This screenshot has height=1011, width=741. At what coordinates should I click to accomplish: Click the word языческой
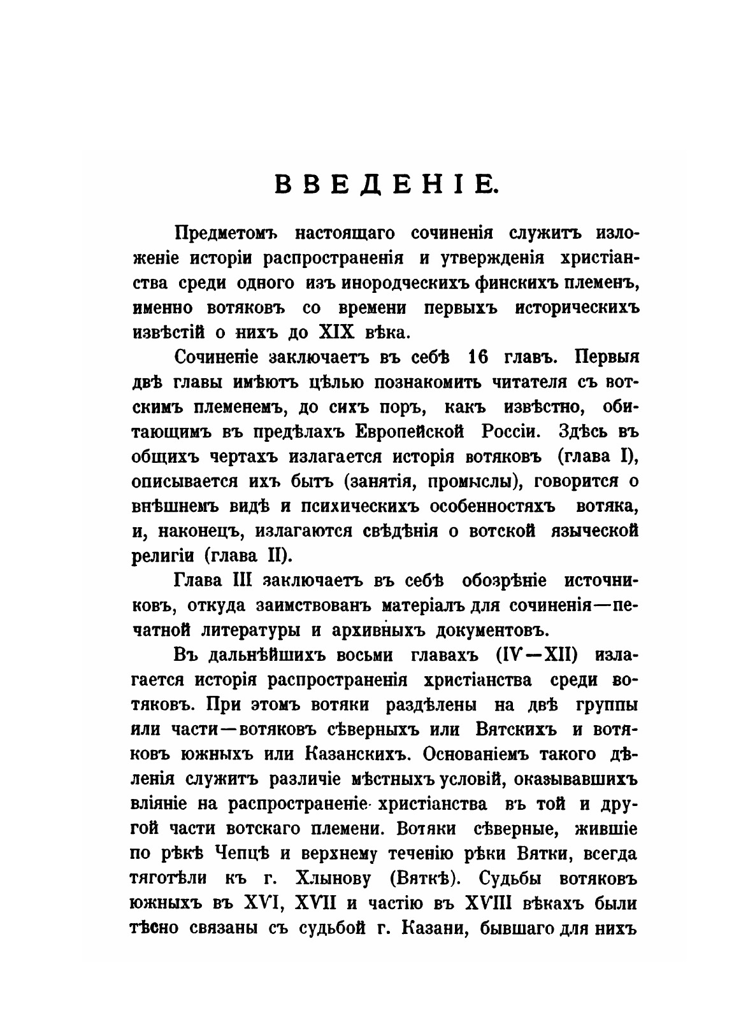596,530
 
